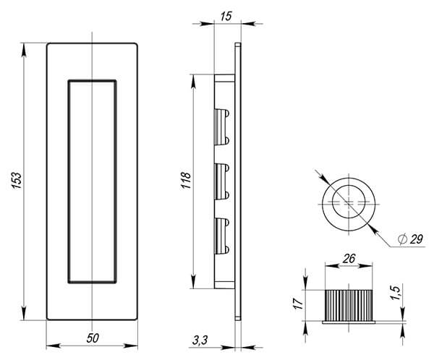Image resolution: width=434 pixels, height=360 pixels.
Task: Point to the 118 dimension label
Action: pos(185,181)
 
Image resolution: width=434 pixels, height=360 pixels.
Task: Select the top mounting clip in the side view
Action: pos(222,125)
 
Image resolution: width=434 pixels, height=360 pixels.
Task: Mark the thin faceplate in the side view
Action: pos(237,180)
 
